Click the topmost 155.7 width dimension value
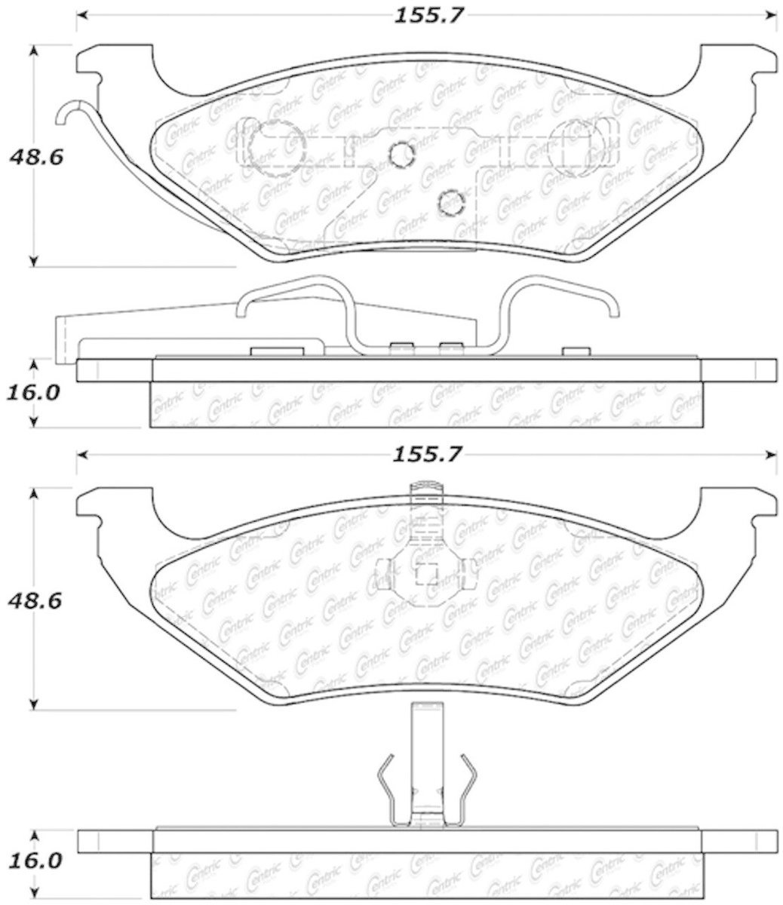[428, 17]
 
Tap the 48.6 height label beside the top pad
[36, 158]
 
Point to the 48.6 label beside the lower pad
[35, 602]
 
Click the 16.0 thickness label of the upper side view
[32, 393]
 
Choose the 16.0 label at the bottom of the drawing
[32, 838]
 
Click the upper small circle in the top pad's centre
[402, 155]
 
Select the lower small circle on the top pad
[451, 203]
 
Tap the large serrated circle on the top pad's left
[275, 148]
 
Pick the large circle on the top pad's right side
[576, 148]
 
